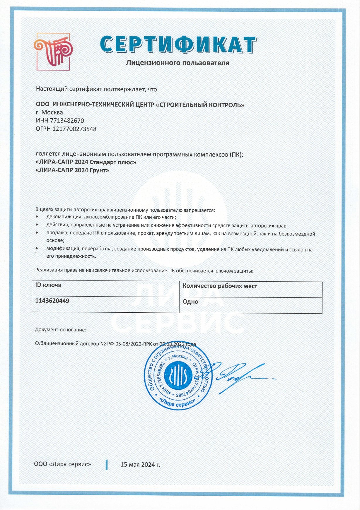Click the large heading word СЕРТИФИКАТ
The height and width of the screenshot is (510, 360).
point(178,45)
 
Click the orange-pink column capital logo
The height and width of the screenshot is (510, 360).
point(53,52)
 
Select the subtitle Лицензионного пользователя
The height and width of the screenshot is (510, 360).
point(178,63)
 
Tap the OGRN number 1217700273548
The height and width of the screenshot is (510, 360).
point(74,129)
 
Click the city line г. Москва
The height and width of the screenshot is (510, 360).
point(49,112)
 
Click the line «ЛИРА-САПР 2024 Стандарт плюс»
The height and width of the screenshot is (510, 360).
point(86,162)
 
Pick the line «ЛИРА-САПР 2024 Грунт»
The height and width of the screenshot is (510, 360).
point(72,170)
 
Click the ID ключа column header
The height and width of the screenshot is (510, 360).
point(48,285)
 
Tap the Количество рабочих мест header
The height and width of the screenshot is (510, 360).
point(220,286)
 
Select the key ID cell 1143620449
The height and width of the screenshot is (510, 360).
point(52,300)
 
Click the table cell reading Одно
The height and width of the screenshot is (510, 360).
point(190,302)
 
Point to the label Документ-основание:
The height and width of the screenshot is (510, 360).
point(61,330)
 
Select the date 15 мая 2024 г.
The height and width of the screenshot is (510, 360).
point(141,465)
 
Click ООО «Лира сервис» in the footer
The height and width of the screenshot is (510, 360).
point(62,464)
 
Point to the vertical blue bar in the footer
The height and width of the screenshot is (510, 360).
point(107,465)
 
